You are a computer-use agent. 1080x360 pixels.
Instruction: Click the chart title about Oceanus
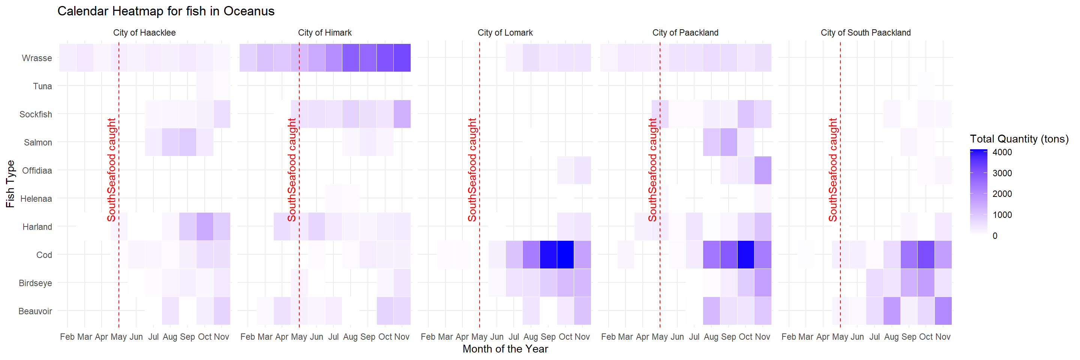pyautogui.click(x=166, y=11)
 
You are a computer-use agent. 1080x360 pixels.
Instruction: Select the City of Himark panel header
pyautogui.click(x=324, y=33)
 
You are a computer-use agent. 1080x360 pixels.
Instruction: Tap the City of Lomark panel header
pyautogui.click(x=505, y=33)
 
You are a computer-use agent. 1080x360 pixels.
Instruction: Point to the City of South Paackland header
pyautogui.click(x=865, y=33)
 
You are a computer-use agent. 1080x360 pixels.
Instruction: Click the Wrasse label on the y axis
pyautogui.click(x=37, y=58)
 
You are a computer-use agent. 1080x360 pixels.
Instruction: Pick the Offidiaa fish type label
pyautogui.click(x=37, y=171)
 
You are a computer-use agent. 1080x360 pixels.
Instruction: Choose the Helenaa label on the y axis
pyautogui.click(x=36, y=199)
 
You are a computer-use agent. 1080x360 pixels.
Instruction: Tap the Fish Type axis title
pyautogui.click(x=10, y=184)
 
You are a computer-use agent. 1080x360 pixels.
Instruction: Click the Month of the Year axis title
pyautogui.click(x=505, y=349)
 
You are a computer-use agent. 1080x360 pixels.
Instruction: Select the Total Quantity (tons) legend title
pyautogui.click(x=1019, y=139)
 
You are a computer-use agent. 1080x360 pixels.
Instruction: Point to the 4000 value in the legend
pyautogui.click(x=1002, y=153)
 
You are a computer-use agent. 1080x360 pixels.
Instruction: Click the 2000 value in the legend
pyautogui.click(x=1002, y=194)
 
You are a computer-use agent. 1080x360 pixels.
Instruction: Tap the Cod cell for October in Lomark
pyautogui.click(x=565, y=254)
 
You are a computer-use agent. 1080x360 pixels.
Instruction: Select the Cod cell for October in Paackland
pyautogui.click(x=745, y=254)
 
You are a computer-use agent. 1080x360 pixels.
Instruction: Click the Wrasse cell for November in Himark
pyautogui.click(x=402, y=58)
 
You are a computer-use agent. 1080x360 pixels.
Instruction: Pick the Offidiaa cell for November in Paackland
pyautogui.click(x=763, y=170)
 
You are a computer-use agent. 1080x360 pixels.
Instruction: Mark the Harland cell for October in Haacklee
pyautogui.click(x=205, y=226)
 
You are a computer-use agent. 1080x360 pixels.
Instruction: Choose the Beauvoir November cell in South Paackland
pyautogui.click(x=943, y=310)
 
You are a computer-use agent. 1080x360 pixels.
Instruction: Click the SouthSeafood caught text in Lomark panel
pyautogui.click(x=472, y=170)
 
